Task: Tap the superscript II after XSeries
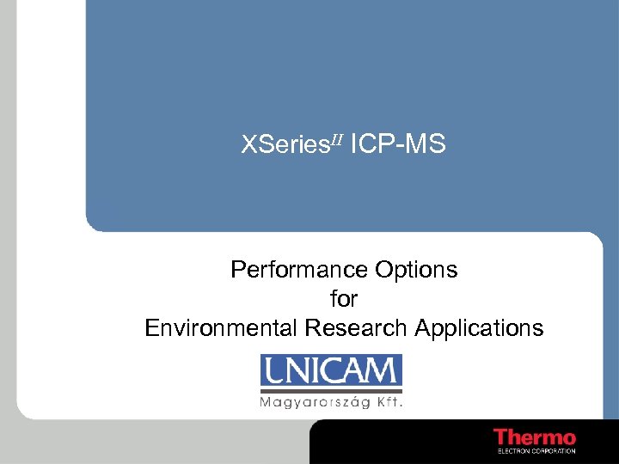tap(334, 139)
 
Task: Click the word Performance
tap(300, 270)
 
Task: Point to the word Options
tap(416, 270)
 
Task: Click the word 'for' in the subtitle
tap(344, 299)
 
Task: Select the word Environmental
tap(220, 328)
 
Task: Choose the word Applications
tap(479, 328)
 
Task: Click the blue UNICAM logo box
tap(331, 371)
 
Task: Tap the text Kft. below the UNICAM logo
tap(389, 401)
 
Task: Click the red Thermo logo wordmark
tap(534, 437)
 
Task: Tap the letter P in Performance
tap(238, 270)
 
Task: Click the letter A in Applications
tap(422, 328)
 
